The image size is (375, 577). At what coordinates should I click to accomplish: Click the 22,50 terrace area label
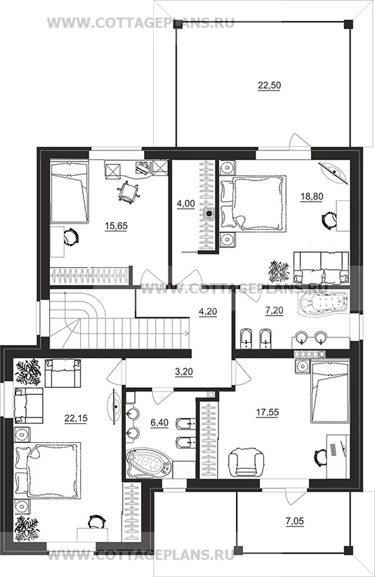[x=270, y=86]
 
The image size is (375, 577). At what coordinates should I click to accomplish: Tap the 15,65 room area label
[x=116, y=226]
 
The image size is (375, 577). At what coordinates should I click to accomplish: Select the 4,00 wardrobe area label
[x=185, y=204]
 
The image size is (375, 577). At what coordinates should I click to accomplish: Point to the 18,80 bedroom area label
[x=312, y=197]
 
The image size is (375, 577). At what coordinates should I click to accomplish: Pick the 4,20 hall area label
[x=208, y=311]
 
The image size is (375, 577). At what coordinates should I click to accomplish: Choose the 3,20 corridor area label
[x=183, y=372]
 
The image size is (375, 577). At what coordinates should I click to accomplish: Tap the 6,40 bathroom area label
[x=159, y=423]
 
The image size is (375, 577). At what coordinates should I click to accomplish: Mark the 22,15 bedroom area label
[x=76, y=418]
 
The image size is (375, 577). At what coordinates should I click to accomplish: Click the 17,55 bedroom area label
[x=268, y=413]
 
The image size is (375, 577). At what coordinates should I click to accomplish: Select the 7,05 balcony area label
[x=295, y=521]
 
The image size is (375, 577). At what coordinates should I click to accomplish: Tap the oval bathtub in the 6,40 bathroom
[x=148, y=462]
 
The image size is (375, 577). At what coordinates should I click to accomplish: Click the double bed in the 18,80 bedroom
[x=253, y=204]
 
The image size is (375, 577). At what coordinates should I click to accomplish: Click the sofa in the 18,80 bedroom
[x=321, y=268]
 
